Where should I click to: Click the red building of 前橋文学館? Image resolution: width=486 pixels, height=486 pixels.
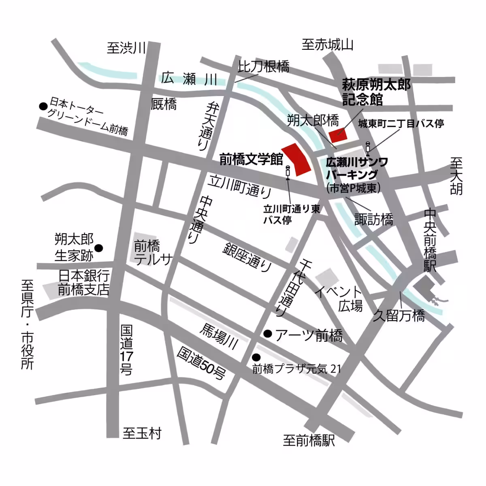[x=296, y=159]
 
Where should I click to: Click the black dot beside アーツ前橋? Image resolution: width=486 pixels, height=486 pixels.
[x=267, y=334]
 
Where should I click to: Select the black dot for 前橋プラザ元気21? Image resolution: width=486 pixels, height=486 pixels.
[x=256, y=357]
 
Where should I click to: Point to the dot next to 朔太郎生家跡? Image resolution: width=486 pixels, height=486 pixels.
[x=98, y=248]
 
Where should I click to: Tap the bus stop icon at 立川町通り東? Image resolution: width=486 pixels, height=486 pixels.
[x=288, y=172]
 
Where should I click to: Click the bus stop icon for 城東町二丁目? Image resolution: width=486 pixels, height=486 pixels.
[x=368, y=149]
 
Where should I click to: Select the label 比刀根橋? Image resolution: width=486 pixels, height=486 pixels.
[x=264, y=66]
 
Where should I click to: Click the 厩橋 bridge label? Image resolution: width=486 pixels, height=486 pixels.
[x=164, y=104]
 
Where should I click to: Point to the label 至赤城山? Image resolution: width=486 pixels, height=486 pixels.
[x=327, y=45]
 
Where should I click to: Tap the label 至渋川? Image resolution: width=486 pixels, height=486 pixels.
[x=126, y=48]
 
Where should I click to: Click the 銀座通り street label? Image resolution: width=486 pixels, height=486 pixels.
[x=247, y=258]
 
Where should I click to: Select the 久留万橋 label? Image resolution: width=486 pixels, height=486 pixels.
[x=399, y=315]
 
